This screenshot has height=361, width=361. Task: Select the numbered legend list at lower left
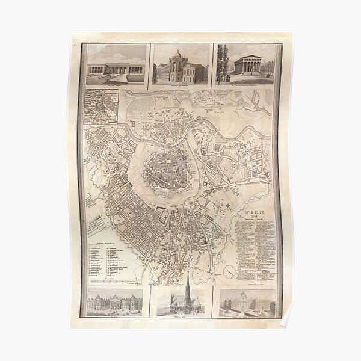click(114, 256)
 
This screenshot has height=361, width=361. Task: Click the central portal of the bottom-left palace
click(115, 306)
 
